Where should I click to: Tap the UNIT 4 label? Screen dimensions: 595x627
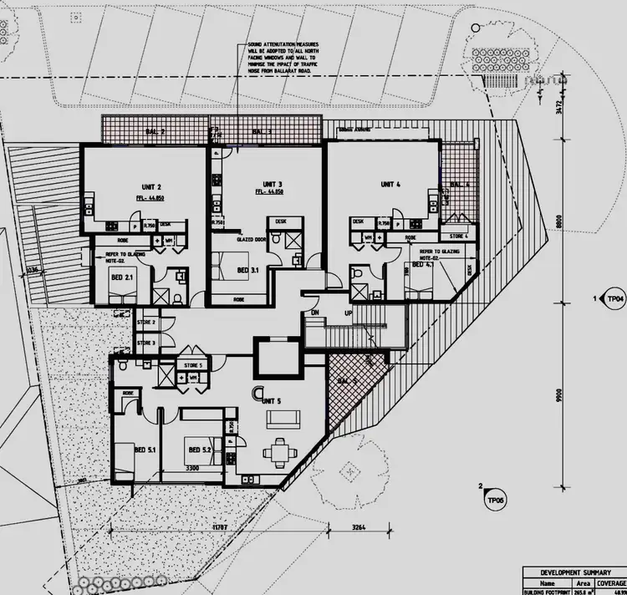coord(391,184)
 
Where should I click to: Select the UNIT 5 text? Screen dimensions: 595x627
coord(272,401)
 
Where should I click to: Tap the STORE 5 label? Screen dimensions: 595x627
coord(193,365)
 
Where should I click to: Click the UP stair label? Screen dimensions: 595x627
coord(348,313)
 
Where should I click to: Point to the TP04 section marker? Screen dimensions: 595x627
coord(615,298)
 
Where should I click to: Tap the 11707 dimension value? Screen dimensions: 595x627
coord(220,529)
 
